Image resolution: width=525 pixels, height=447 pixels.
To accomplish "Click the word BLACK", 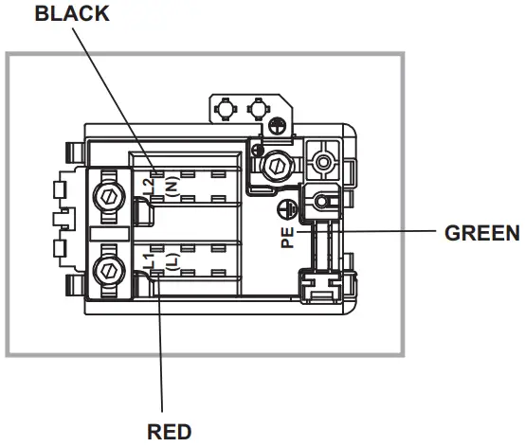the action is [72, 13].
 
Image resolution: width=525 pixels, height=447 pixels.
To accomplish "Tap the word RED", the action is [170, 432].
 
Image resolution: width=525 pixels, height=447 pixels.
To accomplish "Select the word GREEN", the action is [481, 233].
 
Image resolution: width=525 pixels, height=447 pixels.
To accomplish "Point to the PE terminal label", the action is [287, 238].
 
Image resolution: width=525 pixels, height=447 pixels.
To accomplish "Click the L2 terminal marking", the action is [150, 187].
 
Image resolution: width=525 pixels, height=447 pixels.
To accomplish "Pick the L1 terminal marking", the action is [150, 261].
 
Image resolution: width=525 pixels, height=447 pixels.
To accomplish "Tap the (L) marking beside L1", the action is [172, 261].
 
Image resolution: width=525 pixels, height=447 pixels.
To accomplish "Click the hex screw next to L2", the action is [109, 197].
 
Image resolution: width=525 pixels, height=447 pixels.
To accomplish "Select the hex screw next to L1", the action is [109, 271].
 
